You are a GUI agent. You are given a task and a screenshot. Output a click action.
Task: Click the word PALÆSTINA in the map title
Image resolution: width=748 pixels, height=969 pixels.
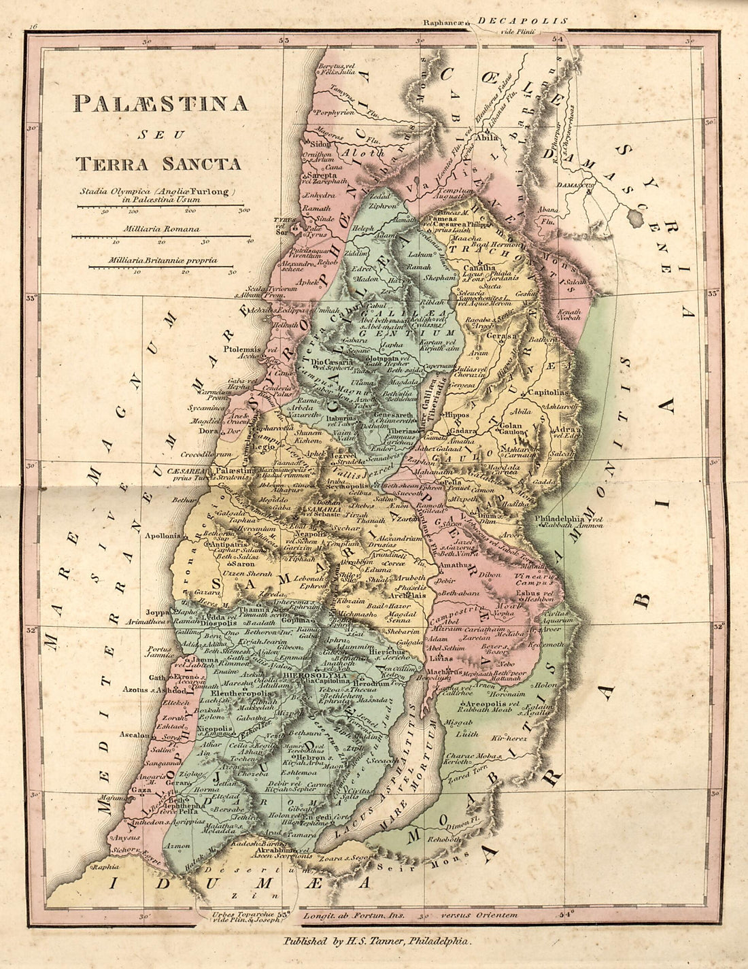coord(160,103)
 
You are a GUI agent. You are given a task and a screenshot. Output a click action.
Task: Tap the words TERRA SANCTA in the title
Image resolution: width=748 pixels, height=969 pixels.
coord(158,163)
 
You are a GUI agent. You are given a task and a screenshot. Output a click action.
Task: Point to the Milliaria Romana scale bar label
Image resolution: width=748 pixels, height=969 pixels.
coord(162,229)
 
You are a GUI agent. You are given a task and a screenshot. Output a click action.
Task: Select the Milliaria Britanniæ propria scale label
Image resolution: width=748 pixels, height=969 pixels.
coord(163,260)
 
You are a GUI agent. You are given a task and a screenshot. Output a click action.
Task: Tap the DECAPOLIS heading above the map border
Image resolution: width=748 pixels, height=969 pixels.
coord(522,21)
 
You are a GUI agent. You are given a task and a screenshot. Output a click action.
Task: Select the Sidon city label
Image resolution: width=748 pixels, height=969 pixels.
coord(319,144)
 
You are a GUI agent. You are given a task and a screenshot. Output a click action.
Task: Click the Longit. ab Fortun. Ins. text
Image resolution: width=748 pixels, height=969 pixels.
coord(354,915)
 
